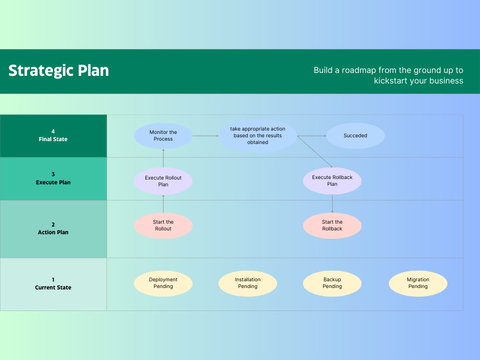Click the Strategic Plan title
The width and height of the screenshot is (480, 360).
tap(59, 71)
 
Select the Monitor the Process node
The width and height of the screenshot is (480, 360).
tap(163, 136)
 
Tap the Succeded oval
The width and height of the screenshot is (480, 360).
tap(355, 136)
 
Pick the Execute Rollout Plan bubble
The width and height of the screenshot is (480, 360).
tap(163, 181)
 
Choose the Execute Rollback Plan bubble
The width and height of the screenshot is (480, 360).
tap(332, 180)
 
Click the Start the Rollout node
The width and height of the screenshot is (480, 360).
tap(163, 226)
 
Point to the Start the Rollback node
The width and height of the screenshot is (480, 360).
tap(332, 226)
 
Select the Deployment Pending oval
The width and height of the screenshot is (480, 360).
tap(163, 283)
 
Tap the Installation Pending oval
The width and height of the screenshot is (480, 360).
tap(248, 283)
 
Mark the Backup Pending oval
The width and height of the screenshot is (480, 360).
tap(332, 283)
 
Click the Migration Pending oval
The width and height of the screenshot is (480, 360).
tap(418, 283)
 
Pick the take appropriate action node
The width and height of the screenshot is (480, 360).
tap(258, 136)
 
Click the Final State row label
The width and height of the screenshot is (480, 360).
tap(53, 136)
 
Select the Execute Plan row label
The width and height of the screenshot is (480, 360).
tap(53, 179)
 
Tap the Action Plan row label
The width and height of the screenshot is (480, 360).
tap(53, 229)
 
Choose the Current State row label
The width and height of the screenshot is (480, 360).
tap(53, 284)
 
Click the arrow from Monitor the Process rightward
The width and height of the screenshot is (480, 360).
tap(205, 136)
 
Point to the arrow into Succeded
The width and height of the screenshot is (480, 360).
tap(312, 136)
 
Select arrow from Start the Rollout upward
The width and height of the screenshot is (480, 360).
tap(163, 204)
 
